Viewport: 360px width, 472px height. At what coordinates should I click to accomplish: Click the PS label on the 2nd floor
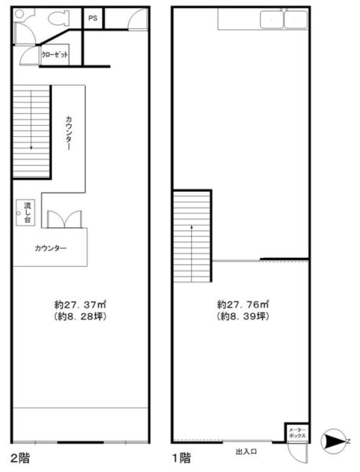pos(93,18)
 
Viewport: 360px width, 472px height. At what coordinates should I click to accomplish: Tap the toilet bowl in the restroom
pos(58,18)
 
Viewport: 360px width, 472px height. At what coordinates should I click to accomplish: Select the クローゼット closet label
pos(54,55)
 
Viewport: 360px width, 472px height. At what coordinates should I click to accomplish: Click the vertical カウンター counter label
pos(68,133)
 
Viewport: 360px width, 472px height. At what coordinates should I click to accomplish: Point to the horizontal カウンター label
pos(50,249)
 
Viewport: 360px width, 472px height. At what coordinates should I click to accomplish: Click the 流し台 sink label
pos(28,212)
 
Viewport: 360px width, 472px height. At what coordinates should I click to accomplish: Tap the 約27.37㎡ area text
pos(80,304)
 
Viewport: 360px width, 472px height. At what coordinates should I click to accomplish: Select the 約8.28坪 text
pos(80,317)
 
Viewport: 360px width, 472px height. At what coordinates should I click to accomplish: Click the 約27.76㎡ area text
pos(243,304)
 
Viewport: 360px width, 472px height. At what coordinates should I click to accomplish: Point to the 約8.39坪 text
pos(243,316)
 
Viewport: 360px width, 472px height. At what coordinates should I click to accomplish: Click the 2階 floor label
pos(20,459)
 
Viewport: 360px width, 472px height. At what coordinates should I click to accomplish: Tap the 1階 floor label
pos(182,458)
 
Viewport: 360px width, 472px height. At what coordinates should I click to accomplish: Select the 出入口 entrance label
pos(246,452)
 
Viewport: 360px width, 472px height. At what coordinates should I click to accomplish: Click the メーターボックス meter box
pos(297,433)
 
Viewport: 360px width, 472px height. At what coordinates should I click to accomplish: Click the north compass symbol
pos(335,441)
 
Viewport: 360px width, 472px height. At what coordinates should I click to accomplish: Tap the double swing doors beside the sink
pos(64,219)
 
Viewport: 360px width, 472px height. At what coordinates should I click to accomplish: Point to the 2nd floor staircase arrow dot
pos(31,148)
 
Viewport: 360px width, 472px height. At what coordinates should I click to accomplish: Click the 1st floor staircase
pos(192,236)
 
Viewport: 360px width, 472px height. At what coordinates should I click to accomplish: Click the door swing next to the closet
pos(28,55)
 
